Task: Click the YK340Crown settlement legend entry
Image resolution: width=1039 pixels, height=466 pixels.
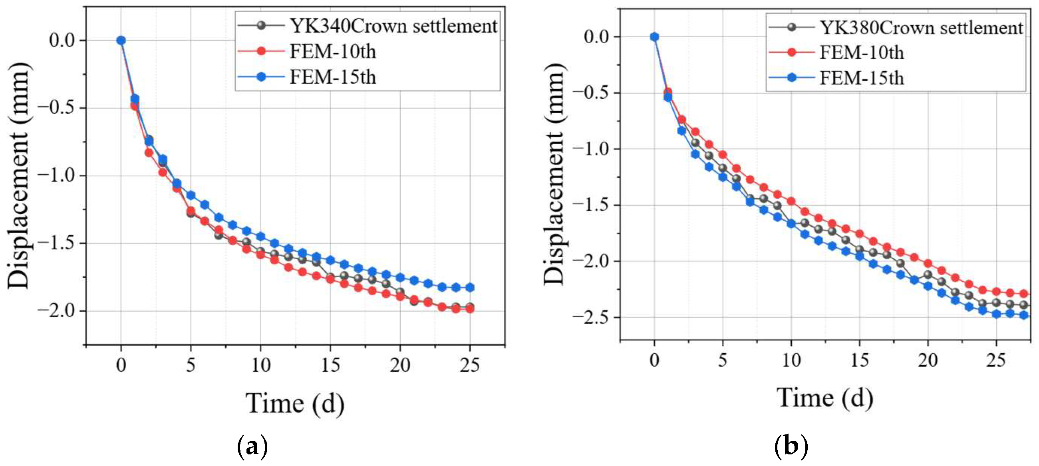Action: click(368, 26)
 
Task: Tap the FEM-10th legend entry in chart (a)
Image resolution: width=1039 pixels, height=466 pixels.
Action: click(307, 51)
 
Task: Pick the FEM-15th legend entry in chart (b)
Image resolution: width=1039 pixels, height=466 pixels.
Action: click(836, 78)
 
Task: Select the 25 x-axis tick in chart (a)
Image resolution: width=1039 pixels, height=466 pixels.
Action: click(469, 366)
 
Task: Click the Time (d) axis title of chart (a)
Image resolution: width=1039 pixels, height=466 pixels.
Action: click(295, 404)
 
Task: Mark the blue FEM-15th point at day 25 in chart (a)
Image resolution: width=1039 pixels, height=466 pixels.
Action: click(470, 288)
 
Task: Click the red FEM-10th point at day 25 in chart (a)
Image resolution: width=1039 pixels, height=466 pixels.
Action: click(470, 309)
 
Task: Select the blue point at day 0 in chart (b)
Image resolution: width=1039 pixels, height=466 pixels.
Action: click(655, 37)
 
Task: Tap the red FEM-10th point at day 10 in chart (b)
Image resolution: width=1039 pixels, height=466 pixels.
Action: click(791, 201)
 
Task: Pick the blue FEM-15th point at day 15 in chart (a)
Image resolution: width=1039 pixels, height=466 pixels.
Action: click(330, 260)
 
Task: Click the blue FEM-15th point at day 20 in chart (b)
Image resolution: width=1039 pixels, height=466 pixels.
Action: click(928, 286)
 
